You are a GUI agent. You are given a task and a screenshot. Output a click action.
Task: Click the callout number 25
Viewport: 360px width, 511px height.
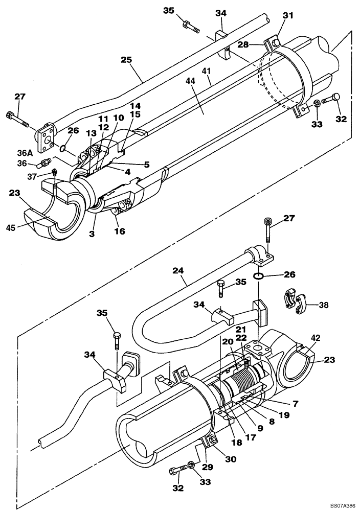[x=127, y=60]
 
